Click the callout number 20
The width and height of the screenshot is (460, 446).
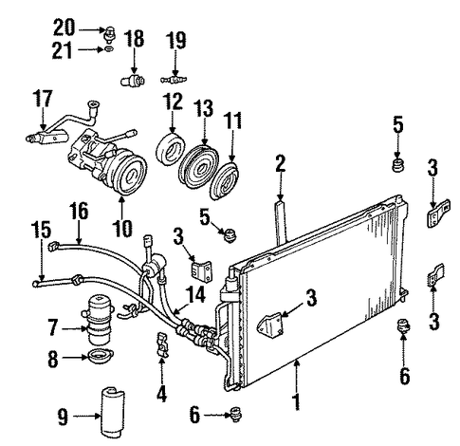click(64, 28)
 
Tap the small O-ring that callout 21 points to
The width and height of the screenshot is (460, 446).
click(109, 49)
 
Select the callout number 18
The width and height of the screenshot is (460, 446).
click(134, 39)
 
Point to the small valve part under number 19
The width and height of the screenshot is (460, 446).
click(174, 80)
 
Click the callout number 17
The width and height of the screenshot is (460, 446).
click(43, 99)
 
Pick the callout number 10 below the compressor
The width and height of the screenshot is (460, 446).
click(122, 228)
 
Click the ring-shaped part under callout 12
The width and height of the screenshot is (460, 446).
click(171, 151)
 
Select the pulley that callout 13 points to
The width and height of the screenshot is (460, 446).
click(198, 166)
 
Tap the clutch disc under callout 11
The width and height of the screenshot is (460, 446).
click(225, 180)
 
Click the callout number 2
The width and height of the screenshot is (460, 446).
click(280, 164)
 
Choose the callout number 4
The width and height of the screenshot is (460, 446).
click(161, 394)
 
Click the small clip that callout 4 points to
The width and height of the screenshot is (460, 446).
click(162, 345)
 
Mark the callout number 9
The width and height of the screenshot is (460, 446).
click(63, 417)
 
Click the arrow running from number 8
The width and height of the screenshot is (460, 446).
click(75, 357)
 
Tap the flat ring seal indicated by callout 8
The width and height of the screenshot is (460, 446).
click(101, 356)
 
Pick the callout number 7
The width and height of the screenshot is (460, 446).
click(53, 327)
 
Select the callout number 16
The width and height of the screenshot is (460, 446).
click(79, 211)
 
